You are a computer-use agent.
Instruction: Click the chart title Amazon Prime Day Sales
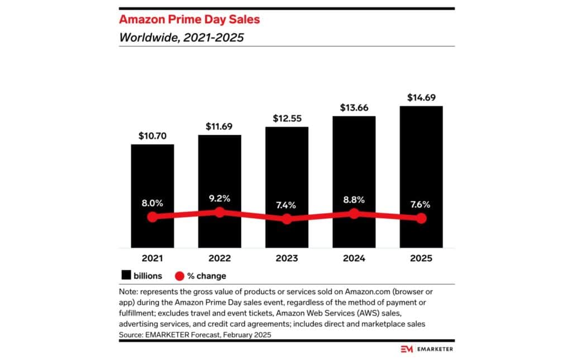pos(189,20)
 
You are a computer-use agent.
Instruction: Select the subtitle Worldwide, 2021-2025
pos(182,38)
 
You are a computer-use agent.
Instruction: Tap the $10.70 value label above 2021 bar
pos(152,136)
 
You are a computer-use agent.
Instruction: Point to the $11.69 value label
pos(220,126)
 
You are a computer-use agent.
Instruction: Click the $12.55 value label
pos(287,118)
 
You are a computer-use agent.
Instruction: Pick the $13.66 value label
pos(354,108)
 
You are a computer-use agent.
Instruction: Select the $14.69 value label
pos(421,97)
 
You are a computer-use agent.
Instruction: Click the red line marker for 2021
pos(152,217)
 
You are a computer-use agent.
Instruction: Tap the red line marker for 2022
pos(220,212)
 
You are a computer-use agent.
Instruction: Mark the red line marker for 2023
pos(287,219)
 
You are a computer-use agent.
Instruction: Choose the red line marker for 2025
pos(421,218)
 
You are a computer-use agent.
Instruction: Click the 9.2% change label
pos(220,198)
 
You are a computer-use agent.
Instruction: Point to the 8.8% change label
pos(354,199)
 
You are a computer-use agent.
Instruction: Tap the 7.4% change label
pos(287,205)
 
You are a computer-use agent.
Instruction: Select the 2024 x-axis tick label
pos(354,258)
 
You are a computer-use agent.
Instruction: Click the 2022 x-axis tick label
pos(220,258)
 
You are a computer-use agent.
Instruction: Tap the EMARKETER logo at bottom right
pos(426,349)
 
